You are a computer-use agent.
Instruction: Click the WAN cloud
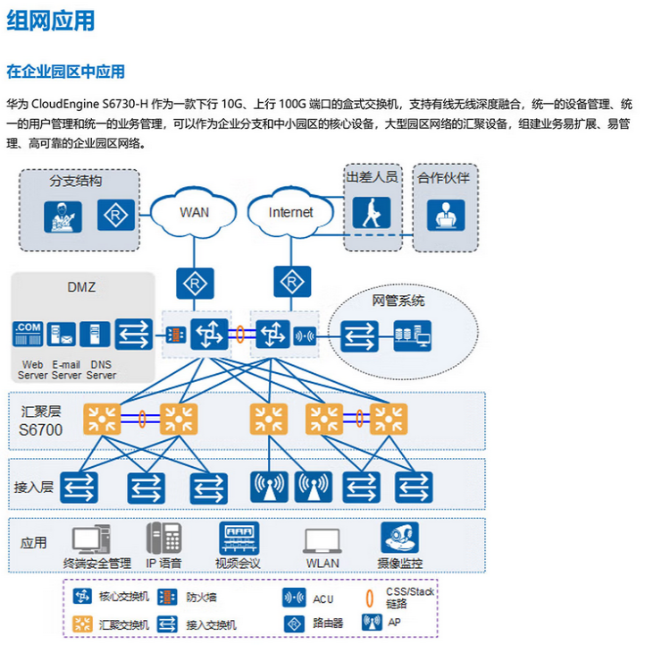pyautogui.click(x=194, y=212)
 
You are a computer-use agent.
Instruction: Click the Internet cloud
pyautogui.click(x=291, y=212)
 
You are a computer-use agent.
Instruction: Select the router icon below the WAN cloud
pyautogui.click(x=194, y=283)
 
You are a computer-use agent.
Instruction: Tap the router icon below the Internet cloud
pyautogui.click(x=291, y=283)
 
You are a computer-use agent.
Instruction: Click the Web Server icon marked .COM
pyautogui.click(x=29, y=335)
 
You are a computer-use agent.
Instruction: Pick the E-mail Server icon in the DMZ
pyautogui.click(x=62, y=335)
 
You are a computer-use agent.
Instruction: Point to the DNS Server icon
pyautogui.click(x=95, y=335)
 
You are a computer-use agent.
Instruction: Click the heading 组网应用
pyautogui.click(x=50, y=22)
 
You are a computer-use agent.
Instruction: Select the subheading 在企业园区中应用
pyautogui.click(x=66, y=72)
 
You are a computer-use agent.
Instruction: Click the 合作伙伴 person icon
pyautogui.click(x=443, y=215)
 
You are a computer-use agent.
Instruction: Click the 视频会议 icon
pyautogui.click(x=239, y=538)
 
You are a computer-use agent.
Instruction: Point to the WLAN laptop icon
pyautogui.click(x=322, y=539)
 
